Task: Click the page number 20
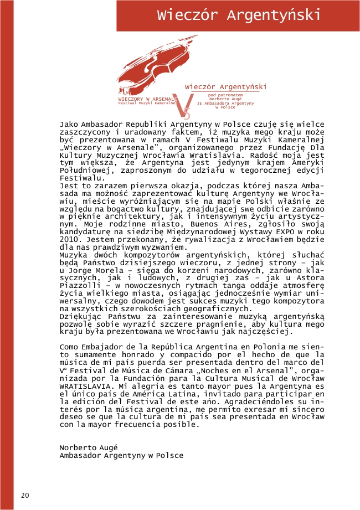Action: click(x=24, y=495)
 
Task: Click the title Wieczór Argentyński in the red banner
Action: click(x=239, y=15)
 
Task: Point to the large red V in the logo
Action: click(x=188, y=105)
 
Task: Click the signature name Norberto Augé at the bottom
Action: click(x=89, y=447)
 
